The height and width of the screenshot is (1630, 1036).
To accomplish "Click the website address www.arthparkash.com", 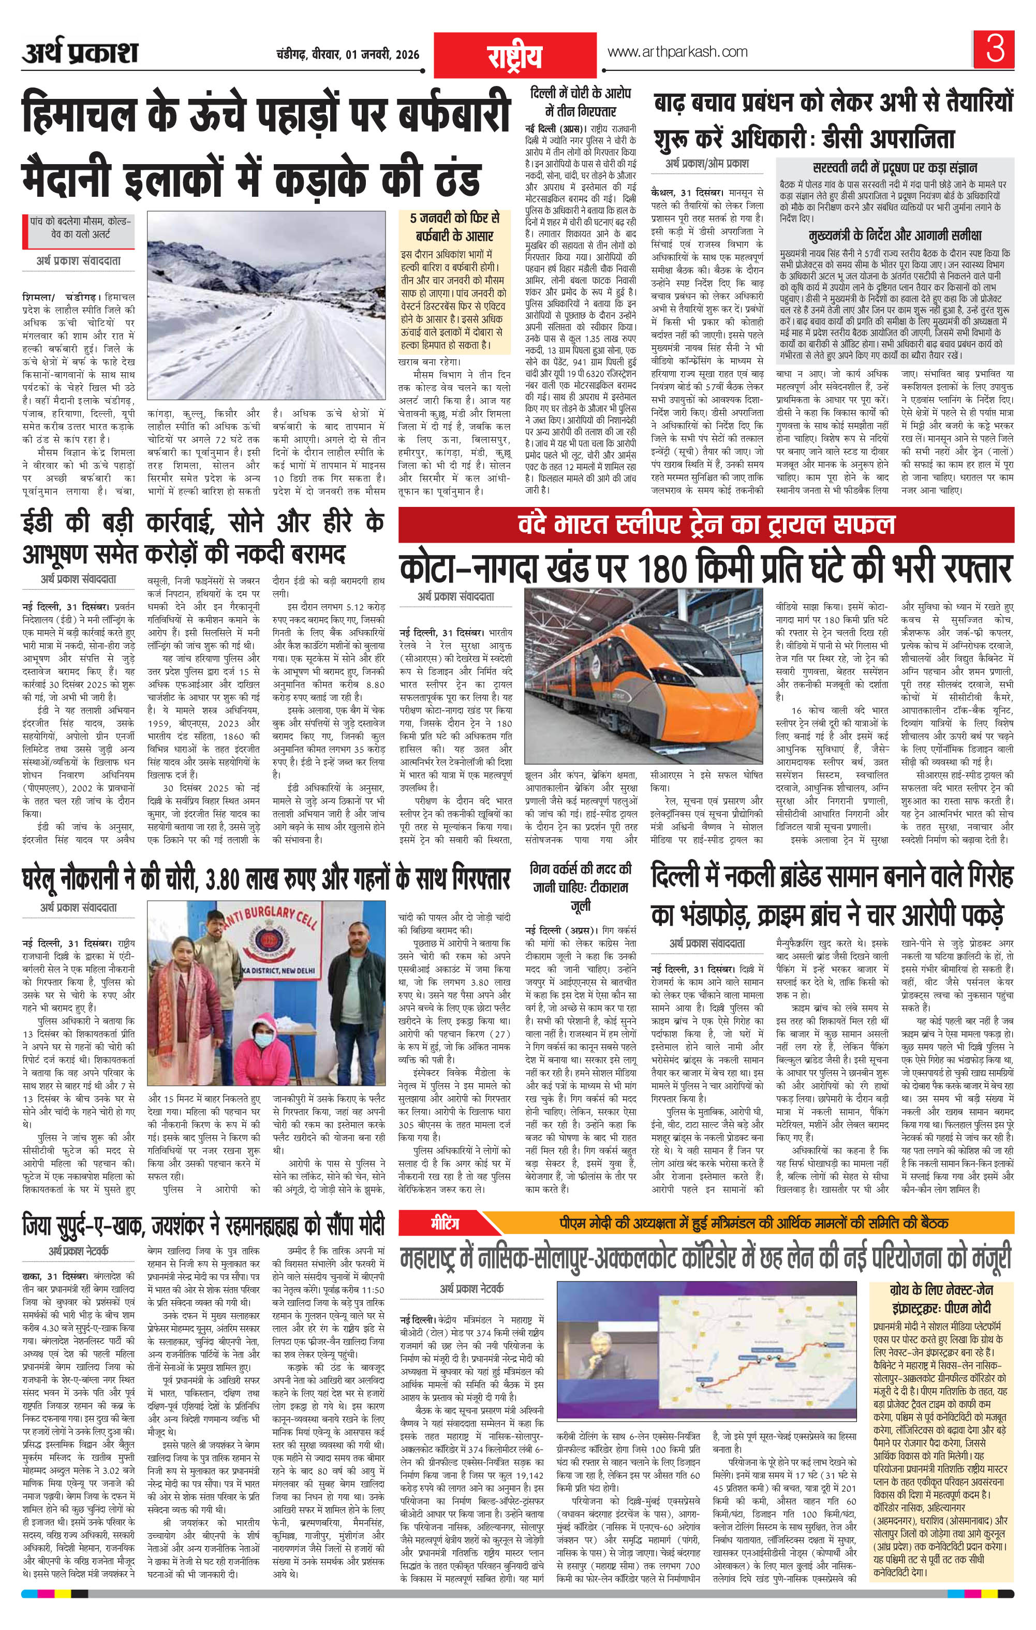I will tap(677, 51).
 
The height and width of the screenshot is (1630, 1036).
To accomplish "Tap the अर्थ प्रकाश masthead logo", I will tap(79, 52).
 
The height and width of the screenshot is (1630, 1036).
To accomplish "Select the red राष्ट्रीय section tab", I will tap(515, 57).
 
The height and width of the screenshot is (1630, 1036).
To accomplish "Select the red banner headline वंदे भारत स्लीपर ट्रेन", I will tap(706, 523).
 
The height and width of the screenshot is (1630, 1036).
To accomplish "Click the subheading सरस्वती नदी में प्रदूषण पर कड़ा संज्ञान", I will tap(895, 168).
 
